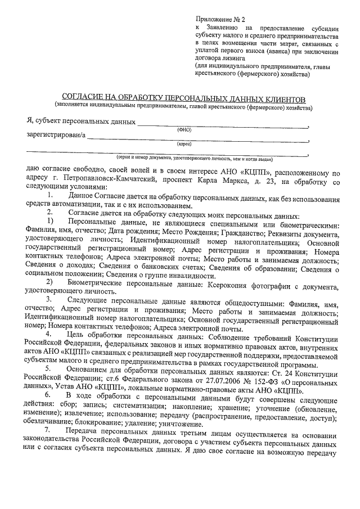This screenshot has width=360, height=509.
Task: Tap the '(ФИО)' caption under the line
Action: click(x=184, y=129)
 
